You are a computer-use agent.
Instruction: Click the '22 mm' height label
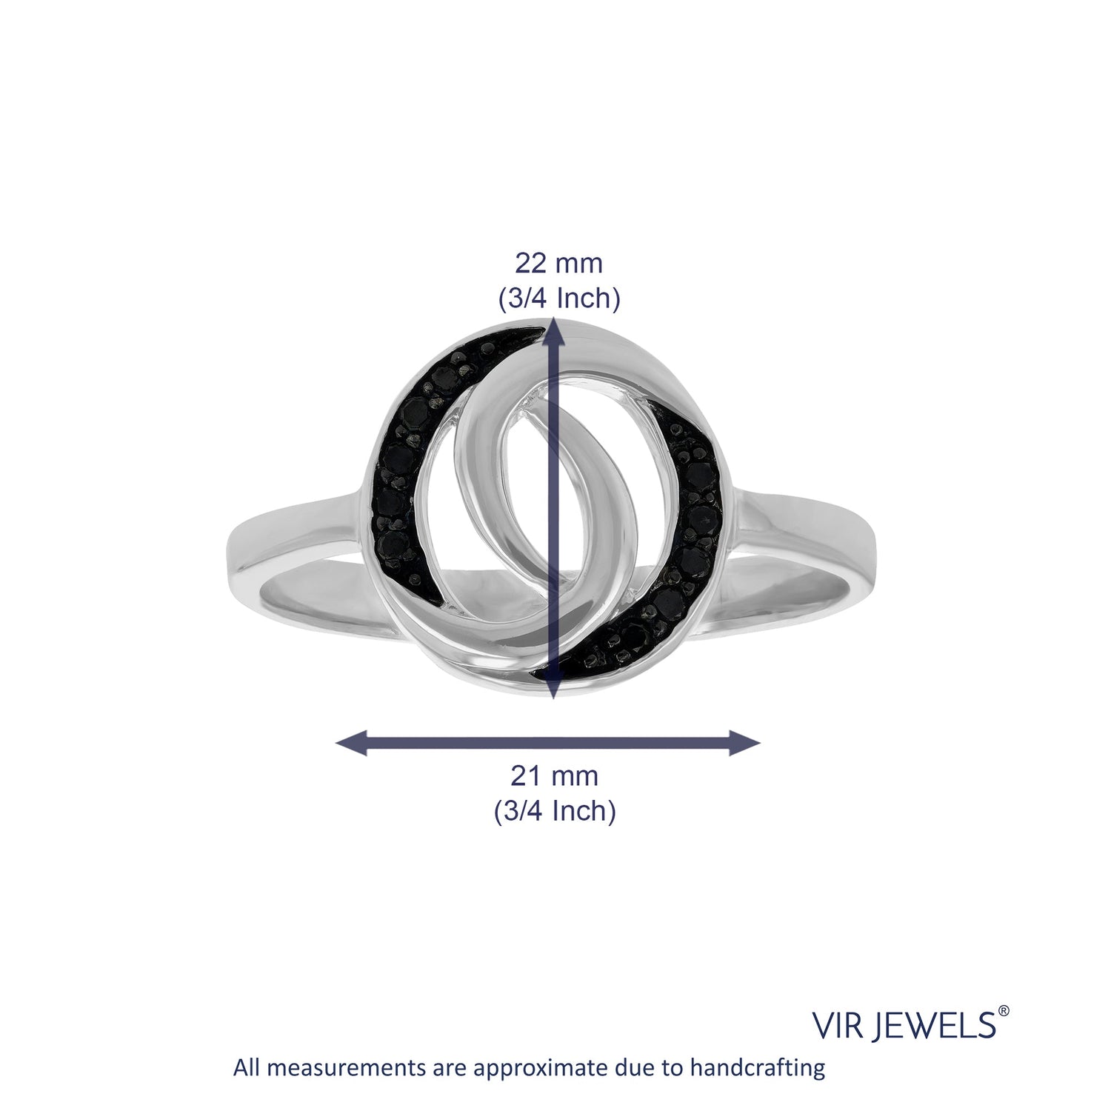point(558,263)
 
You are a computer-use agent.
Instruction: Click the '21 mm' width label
point(554,776)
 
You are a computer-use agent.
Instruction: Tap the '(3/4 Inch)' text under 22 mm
point(557,298)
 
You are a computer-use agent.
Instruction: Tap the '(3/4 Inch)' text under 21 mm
point(555,812)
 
